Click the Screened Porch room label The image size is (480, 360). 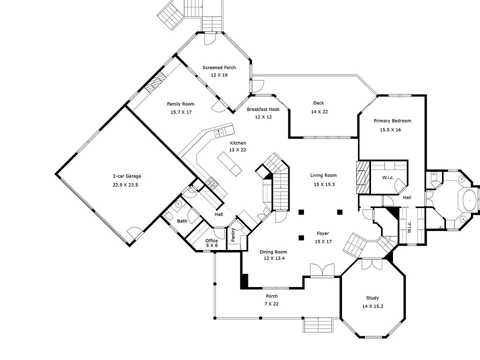coord(219,67)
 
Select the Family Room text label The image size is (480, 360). coord(180,104)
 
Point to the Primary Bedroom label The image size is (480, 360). coord(392,121)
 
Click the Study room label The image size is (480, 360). coord(372,298)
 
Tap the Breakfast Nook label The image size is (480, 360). coord(263,109)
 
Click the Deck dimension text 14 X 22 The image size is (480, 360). coord(319,111)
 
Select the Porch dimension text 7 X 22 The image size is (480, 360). coord(271,303)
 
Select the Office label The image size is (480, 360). coord(212,240)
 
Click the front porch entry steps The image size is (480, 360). coord(318,325)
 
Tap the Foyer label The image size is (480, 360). coord(323,233)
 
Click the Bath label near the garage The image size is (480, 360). coord(181,220)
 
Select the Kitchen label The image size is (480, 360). coord(238,143)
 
